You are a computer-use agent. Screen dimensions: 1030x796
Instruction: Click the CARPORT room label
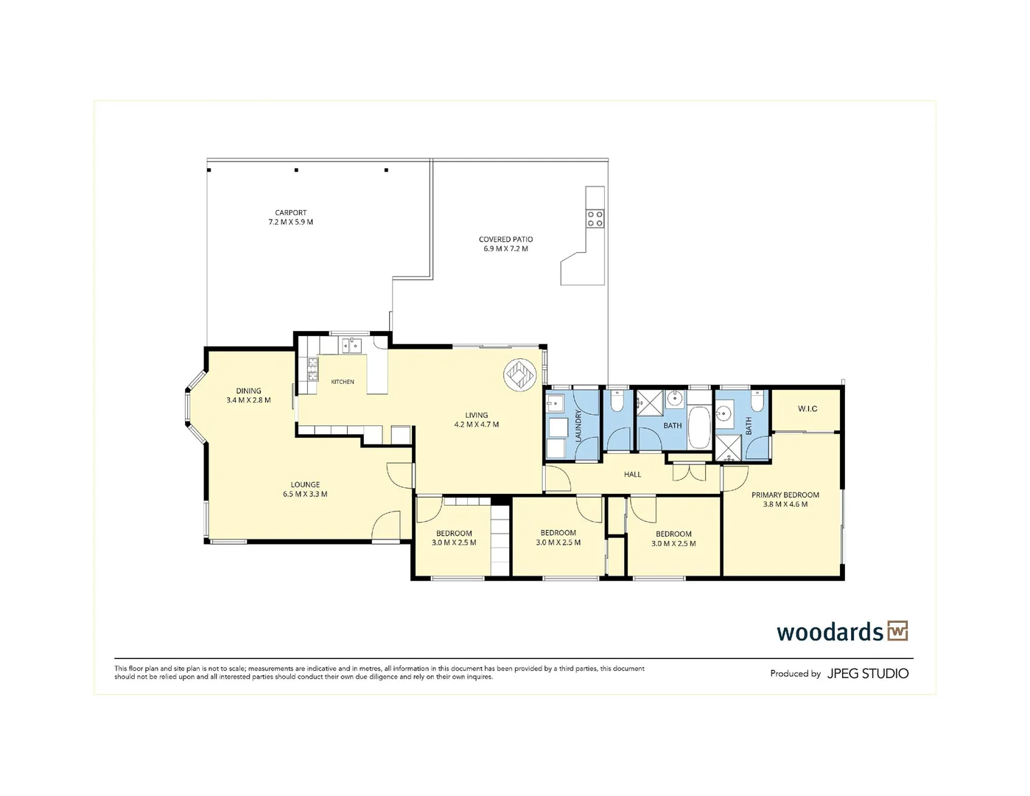(290, 212)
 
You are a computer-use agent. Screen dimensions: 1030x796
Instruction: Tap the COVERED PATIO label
(505, 240)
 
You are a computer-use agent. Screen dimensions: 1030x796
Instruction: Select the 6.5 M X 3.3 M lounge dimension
(305, 494)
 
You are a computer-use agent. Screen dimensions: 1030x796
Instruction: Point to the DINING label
(248, 391)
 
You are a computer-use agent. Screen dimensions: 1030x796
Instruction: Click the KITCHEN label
(342, 382)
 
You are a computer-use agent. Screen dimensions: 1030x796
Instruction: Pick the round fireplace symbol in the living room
(519, 375)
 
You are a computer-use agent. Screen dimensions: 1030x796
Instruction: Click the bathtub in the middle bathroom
(698, 427)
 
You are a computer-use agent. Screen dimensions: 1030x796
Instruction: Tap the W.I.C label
(807, 408)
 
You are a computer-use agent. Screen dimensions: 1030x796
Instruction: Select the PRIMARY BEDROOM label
(785, 495)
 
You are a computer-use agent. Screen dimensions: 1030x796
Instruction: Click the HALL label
(632, 474)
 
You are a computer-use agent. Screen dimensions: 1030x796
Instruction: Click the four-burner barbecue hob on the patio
(595, 219)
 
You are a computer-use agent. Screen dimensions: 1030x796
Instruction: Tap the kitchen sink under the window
(350, 346)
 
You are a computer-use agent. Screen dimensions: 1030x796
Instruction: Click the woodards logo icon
(897, 631)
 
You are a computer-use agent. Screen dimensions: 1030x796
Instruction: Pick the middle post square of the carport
(296, 170)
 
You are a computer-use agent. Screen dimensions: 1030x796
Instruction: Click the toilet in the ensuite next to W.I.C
(757, 402)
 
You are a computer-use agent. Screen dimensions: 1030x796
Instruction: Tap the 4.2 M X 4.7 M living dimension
(477, 425)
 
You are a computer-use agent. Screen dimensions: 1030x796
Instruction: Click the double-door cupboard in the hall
(689, 471)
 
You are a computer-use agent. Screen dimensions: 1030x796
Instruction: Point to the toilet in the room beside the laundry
(617, 402)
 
